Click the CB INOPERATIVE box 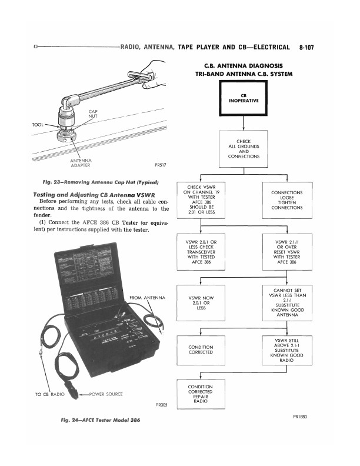click(244, 99)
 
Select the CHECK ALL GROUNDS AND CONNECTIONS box click(244, 149)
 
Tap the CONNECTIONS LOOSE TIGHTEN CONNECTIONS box click(287, 200)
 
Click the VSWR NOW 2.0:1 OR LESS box click(201, 301)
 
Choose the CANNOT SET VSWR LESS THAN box click(287, 301)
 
